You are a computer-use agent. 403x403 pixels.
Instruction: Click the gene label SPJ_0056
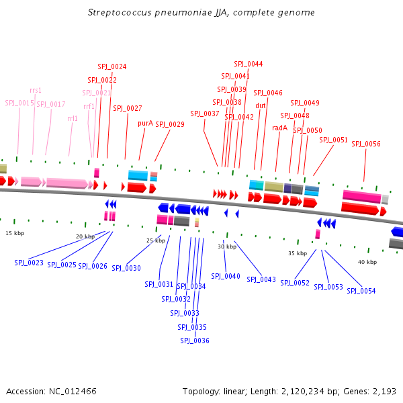366,144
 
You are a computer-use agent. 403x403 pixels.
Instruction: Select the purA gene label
145,123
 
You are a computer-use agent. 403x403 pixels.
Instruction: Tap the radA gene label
279,128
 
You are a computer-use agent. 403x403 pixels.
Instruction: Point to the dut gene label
261,105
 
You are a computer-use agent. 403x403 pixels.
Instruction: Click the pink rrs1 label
36,90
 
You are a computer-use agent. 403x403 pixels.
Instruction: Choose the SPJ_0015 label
19,103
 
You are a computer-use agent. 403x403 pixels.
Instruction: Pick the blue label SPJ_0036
195,341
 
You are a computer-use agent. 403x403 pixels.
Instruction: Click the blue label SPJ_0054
361,291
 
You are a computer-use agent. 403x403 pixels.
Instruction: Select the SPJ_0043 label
261,279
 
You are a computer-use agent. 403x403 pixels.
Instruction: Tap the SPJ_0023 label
29,263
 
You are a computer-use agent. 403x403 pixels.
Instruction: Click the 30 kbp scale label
227,247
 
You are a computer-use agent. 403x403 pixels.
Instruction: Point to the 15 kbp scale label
15,233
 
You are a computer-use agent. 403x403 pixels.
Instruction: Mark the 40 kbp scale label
367,262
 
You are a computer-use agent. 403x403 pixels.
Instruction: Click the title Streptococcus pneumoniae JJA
201,13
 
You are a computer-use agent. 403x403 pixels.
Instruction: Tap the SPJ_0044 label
249,64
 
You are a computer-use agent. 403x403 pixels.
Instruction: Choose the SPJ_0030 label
126,268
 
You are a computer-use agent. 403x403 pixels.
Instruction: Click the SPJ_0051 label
333,140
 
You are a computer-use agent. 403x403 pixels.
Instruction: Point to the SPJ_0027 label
128,108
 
